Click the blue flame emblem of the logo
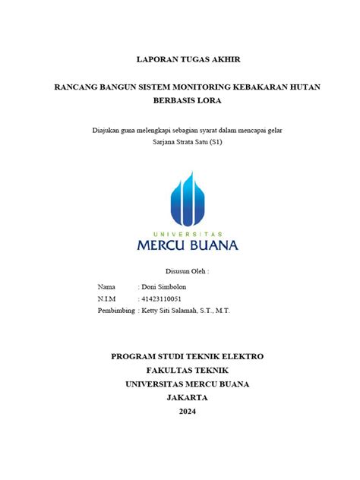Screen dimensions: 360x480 pos(186,199)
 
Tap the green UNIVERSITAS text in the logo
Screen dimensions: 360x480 pos(187,233)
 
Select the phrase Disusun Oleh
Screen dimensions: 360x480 pos(186,270)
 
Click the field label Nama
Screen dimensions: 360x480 pos(106,287)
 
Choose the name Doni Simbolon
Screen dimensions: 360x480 pos(163,287)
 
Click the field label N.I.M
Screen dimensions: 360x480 pos(107,298)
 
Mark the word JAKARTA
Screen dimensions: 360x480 pos(187,397)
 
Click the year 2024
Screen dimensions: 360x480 pos(187,411)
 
